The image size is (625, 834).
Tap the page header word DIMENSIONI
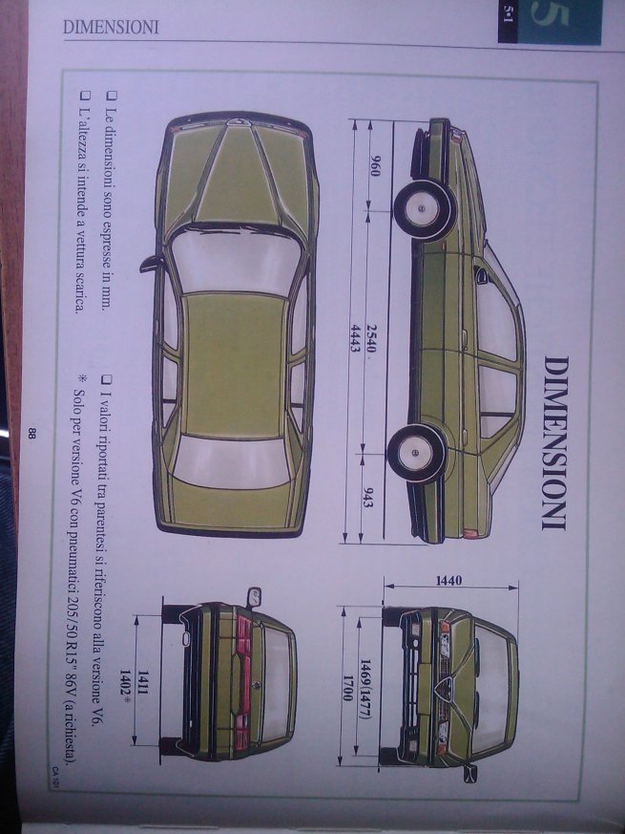coord(110,27)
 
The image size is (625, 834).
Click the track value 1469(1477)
coord(372,680)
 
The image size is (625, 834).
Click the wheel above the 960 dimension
coord(422,207)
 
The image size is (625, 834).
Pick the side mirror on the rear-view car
coord(253,598)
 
